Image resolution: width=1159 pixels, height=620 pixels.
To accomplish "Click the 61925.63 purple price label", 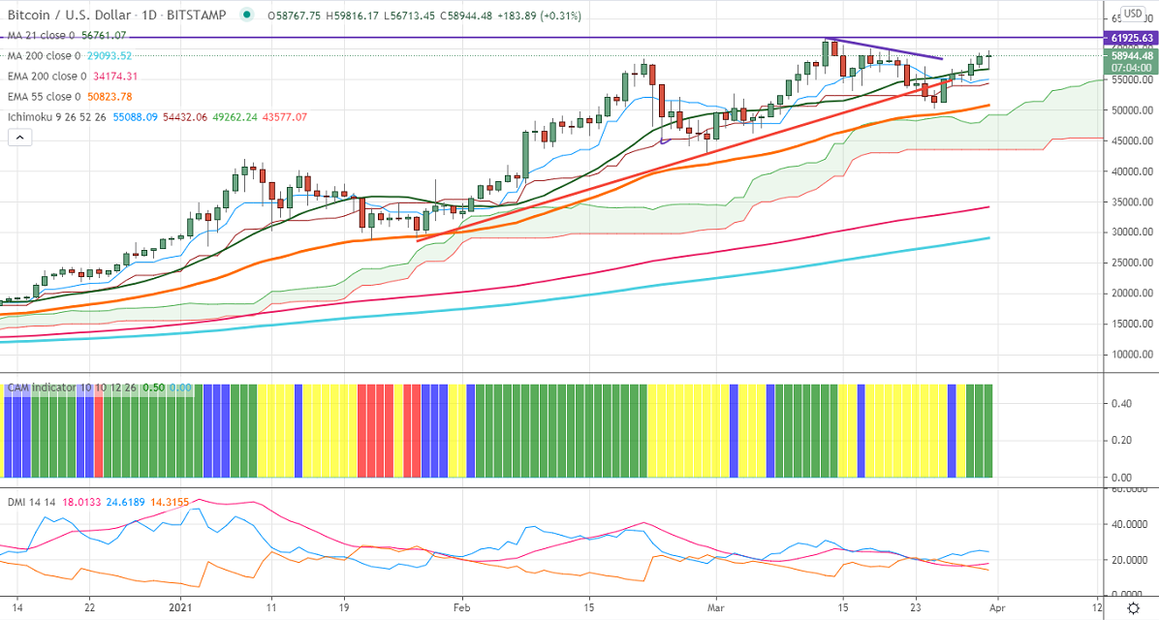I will click(1129, 38).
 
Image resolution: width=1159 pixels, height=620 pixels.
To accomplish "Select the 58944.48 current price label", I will click(1129, 56).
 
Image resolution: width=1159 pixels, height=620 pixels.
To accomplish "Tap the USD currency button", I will click(1132, 15).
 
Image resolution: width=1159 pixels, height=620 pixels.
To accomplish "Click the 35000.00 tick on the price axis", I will click(1129, 201).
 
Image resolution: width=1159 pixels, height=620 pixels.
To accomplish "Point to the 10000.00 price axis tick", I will click(1129, 354).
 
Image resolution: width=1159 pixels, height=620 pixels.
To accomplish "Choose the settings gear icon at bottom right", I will click(1132, 607).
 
